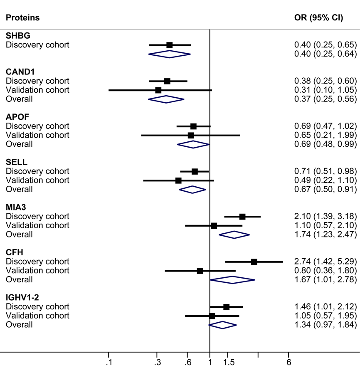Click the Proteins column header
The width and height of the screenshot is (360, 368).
[22, 18]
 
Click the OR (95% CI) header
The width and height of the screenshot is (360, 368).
[318, 18]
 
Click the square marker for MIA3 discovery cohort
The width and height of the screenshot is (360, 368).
[242, 217]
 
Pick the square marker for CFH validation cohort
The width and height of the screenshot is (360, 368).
[200, 271]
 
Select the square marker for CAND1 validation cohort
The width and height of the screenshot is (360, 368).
[158, 90]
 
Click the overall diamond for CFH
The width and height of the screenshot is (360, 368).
[232, 280]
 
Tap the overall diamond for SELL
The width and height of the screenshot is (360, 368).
[192, 190]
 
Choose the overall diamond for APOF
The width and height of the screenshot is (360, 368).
[193, 144]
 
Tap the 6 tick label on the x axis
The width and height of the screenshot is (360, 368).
[288, 362]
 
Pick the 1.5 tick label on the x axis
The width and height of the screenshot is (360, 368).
[228, 362]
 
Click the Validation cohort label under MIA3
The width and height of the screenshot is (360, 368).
[37, 225]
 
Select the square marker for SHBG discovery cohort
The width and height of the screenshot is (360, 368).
[169, 45]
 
